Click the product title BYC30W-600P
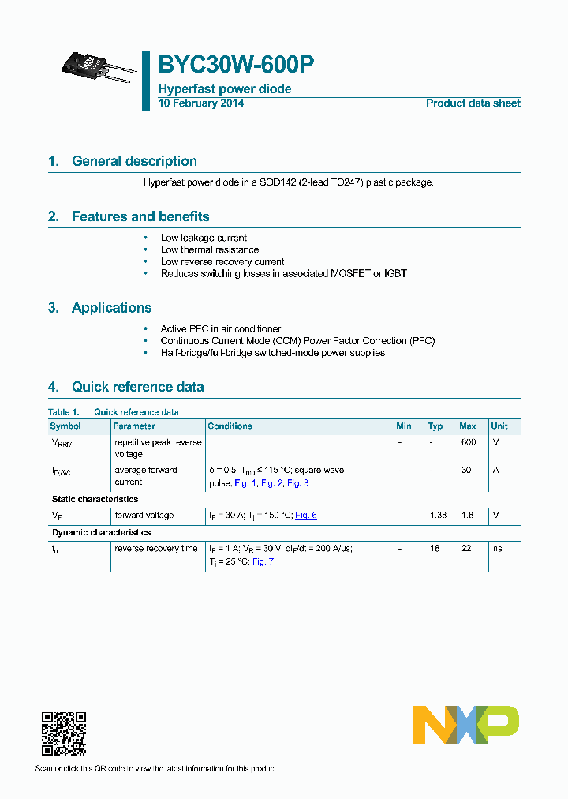click(x=237, y=66)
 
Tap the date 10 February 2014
click(x=201, y=103)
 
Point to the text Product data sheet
click(x=473, y=103)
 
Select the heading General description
click(x=134, y=161)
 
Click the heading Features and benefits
click(x=140, y=216)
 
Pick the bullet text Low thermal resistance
click(x=210, y=249)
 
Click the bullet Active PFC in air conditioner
click(x=221, y=328)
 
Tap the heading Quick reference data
click(x=137, y=387)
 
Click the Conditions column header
click(x=230, y=426)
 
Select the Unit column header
click(x=499, y=426)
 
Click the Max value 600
click(x=468, y=442)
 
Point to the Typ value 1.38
click(x=438, y=515)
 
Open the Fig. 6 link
click(x=306, y=515)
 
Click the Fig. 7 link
click(x=263, y=561)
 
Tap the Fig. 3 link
click(x=297, y=482)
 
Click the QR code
click(x=64, y=733)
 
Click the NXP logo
click(x=465, y=725)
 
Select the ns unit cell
click(x=497, y=548)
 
